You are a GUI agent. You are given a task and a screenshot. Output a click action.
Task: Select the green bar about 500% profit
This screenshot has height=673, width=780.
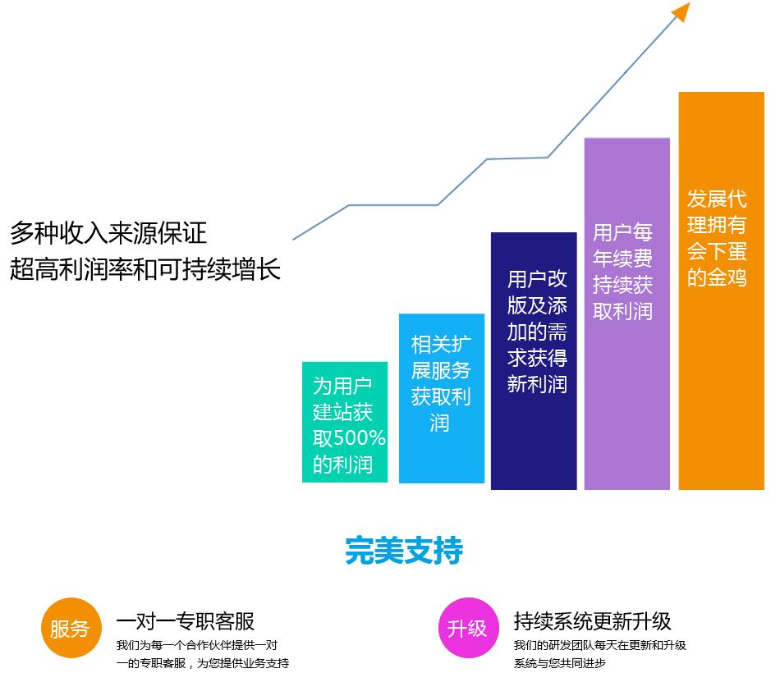pos(345,422)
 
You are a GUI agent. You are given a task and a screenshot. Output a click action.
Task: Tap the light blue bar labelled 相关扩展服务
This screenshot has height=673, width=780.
pos(442,398)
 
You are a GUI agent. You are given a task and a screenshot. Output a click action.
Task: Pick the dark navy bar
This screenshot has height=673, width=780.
pos(534,360)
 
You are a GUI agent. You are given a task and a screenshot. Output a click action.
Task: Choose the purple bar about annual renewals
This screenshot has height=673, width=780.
pos(626,314)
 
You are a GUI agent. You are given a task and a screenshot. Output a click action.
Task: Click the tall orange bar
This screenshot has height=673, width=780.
pos(722,291)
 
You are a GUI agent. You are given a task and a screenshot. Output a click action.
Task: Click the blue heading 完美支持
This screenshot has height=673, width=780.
pos(404,550)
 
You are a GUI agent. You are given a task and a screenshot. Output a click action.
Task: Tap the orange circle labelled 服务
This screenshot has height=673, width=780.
pos(71,628)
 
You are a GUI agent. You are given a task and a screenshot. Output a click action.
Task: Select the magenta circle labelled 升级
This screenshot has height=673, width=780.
pos(469,628)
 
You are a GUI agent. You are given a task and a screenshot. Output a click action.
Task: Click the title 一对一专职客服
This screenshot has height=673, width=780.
pos(186,621)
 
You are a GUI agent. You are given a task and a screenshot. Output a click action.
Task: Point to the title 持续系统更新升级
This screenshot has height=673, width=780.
pos(593,621)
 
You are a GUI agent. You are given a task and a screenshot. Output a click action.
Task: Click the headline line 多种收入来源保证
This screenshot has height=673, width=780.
pos(108,233)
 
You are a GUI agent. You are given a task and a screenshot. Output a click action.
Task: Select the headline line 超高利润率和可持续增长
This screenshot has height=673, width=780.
pos(145,269)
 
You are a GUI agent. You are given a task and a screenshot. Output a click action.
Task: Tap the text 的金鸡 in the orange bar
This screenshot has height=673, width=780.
pos(717,277)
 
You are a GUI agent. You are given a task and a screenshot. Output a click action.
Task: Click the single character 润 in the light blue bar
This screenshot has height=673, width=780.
pos(440,423)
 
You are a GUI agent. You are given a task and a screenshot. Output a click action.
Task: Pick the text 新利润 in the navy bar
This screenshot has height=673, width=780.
pos(537,384)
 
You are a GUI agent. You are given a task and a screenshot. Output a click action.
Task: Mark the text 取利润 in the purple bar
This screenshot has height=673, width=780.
pos(622,311)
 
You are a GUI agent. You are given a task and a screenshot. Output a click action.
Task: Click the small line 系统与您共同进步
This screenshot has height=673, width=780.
pos(560,663)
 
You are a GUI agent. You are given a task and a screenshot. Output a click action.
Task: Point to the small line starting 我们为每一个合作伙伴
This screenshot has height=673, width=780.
pos(197,645)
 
